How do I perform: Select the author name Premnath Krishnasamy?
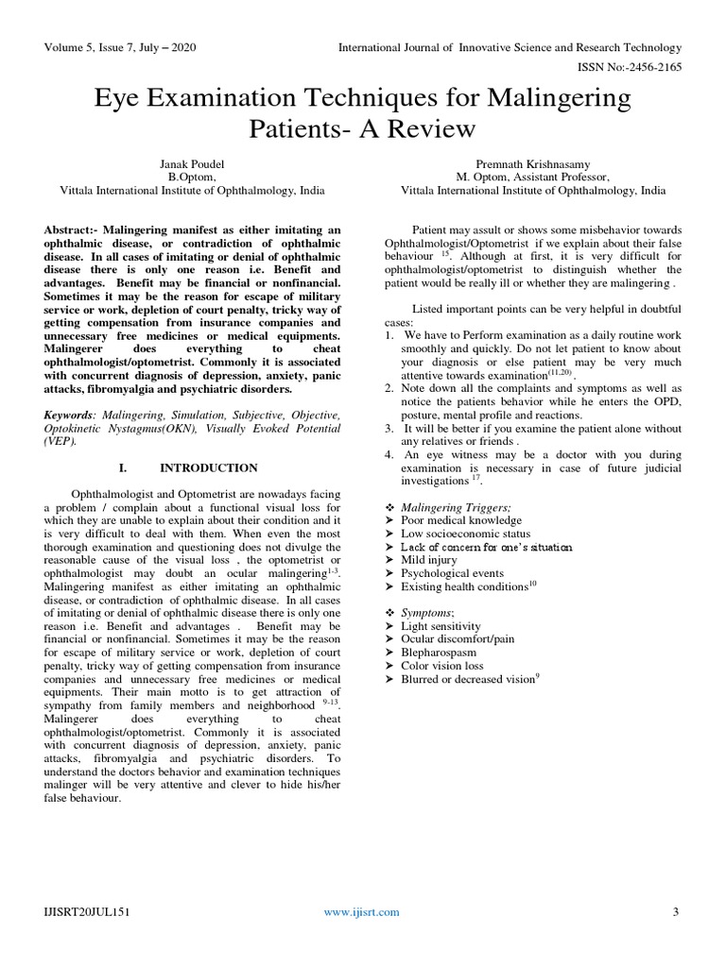coord(533,162)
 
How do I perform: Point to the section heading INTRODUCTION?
coord(208,467)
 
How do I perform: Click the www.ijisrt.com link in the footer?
coord(361,911)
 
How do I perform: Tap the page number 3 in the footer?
coord(676,911)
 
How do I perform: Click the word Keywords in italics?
coord(69,415)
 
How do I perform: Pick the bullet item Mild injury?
coord(428,560)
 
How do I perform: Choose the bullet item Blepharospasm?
coord(439,652)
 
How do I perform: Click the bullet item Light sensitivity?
coord(441,626)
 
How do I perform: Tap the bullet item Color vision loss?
coord(441,665)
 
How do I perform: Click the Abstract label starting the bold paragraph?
coord(70,229)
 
